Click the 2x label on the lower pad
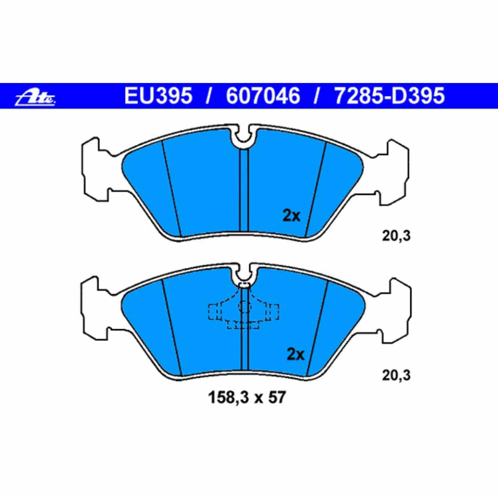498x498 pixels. (x=296, y=355)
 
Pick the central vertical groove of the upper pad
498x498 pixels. (x=244, y=191)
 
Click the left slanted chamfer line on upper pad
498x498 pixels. (x=172, y=188)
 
